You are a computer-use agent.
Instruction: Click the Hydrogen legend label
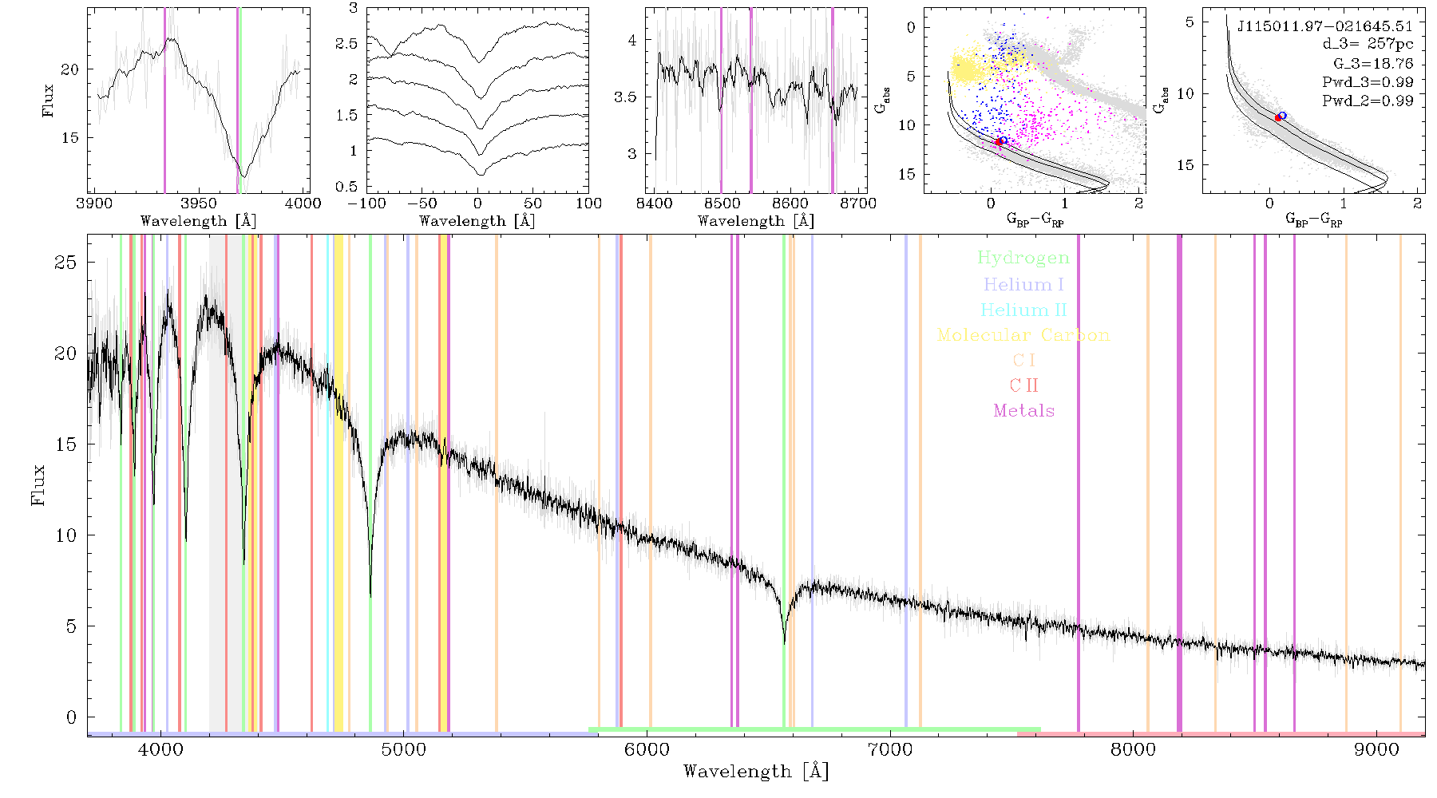(1023, 259)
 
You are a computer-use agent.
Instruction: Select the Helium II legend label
(1023, 310)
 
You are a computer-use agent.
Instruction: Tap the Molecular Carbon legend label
(1023, 335)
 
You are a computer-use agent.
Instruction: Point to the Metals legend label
(1024, 411)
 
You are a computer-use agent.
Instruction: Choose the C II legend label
(1024, 385)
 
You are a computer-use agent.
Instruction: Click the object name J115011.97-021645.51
(1325, 26)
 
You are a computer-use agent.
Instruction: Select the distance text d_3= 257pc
(1368, 45)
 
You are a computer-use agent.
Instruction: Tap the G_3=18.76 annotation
(1373, 64)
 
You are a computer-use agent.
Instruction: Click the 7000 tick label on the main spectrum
(889, 749)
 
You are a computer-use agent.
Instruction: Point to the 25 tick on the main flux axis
(65, 263)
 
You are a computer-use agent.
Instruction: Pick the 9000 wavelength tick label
(1376, 749)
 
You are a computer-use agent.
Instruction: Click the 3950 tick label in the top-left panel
(198, 203)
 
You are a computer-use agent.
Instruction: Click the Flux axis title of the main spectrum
(38, 485)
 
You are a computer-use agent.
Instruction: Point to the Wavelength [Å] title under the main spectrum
(756, 772)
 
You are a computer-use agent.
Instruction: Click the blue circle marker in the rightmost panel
(1282, 116)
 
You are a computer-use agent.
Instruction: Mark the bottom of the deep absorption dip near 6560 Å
(784, 642)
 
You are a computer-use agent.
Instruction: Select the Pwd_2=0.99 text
(1368, 101)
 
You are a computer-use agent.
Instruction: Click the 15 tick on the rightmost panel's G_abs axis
(1186, 165)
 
